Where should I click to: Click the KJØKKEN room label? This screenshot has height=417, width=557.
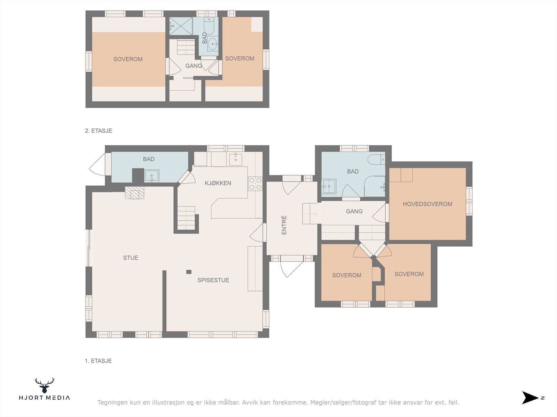pyautogui.click(x=218, y=183)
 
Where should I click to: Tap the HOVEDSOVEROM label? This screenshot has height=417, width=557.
pyautogui.click(x=427, y=204)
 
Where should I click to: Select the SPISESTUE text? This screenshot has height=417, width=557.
pyautogui.click(x=213, y=280)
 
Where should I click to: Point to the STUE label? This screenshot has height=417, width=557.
pyautogui.click(x=131, y=258)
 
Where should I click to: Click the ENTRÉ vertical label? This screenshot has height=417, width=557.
pyautogui.click(x=284, y=225)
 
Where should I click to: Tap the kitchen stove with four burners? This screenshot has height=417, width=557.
pyautogui.click(x=255, y=184)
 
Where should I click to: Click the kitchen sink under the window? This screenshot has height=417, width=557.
pyautogui.click(x=235, y=159)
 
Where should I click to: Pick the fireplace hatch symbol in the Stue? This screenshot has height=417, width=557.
pyautogui.click(x=134, y=193)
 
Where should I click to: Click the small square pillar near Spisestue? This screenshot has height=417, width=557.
pyautogui.click(x=189, y=272)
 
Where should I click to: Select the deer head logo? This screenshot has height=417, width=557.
pyautogui.click(x=45, y=385)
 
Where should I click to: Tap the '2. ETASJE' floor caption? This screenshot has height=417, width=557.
pyautogui.click(x=99, y=131)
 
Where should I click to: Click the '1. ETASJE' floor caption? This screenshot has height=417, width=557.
pyautogui.click(x=98, y=361)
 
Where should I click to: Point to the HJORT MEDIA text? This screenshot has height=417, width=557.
pyautogui.click(x=45, y=398)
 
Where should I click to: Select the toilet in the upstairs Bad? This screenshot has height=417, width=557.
pyautogui.click(x=210, y=26)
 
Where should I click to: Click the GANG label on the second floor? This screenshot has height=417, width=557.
pyautogui.click(x=194, y=66)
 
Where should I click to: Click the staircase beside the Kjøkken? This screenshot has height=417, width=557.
pyautogui.click(x=186, y=218)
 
